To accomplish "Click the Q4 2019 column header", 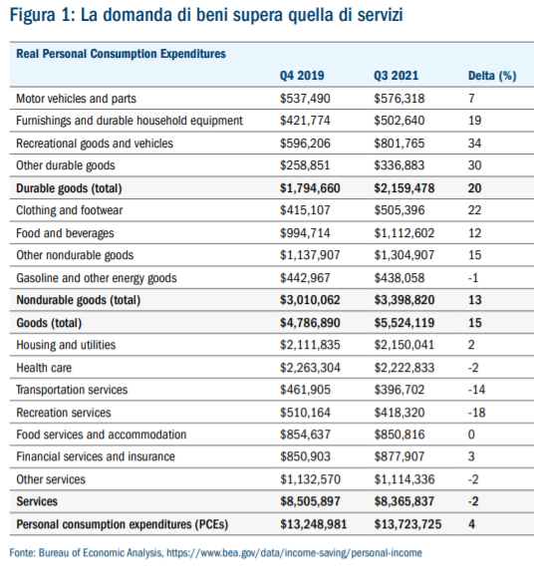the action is tap(302, 76).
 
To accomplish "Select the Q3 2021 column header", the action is tap(396, 76).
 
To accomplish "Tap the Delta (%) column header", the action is tap(492, 76).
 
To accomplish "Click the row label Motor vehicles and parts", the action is tap(76, 99).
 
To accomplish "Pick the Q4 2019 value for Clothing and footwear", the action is tap(305, 210).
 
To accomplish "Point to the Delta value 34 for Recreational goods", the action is tap(474, 144).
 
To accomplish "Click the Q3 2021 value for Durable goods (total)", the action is tap(404, 188).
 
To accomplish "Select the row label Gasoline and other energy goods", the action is tap(97, 278).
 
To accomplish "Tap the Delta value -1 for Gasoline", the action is tap(473, 278).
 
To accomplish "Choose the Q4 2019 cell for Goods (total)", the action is tap(310, 323).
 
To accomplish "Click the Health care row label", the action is tap(44, 368).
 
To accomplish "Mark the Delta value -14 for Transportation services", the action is tap(476, 390).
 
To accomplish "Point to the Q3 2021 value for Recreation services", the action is tap(400, 413).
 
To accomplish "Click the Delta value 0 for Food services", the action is tap(471, 435).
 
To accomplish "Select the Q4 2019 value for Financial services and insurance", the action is tap(305, 456).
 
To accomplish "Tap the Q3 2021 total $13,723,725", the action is tap(407, 524).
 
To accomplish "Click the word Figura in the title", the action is tap(34, 16).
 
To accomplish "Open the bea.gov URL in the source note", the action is tap(294, 553).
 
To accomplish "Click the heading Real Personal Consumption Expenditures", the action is tap(121, 54).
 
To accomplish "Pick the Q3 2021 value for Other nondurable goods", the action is tap(404, 255).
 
